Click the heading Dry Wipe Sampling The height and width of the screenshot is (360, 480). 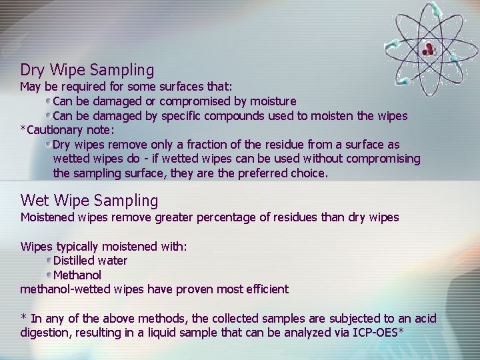point(87,69)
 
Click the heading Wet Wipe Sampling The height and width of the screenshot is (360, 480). point(89,200)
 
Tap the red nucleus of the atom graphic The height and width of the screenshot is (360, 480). point(428,48)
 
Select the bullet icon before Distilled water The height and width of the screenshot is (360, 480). point(49,261)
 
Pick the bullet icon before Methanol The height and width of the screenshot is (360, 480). point(49,275)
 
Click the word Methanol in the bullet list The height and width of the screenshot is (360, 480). point(77,275)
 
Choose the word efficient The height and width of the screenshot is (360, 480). point(263,289)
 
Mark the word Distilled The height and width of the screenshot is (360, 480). point(75,261)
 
